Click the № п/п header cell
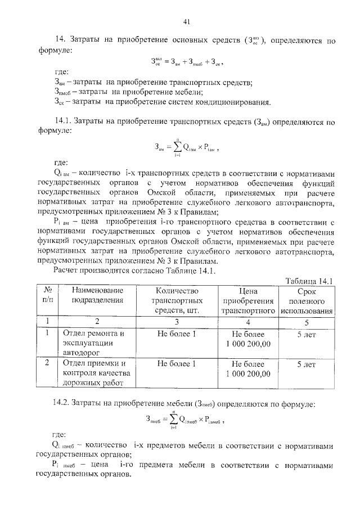coord(47,295)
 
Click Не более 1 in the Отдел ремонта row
coord(177,333)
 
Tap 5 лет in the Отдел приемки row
coord(307,364)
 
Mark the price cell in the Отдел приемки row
coord(247,368)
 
